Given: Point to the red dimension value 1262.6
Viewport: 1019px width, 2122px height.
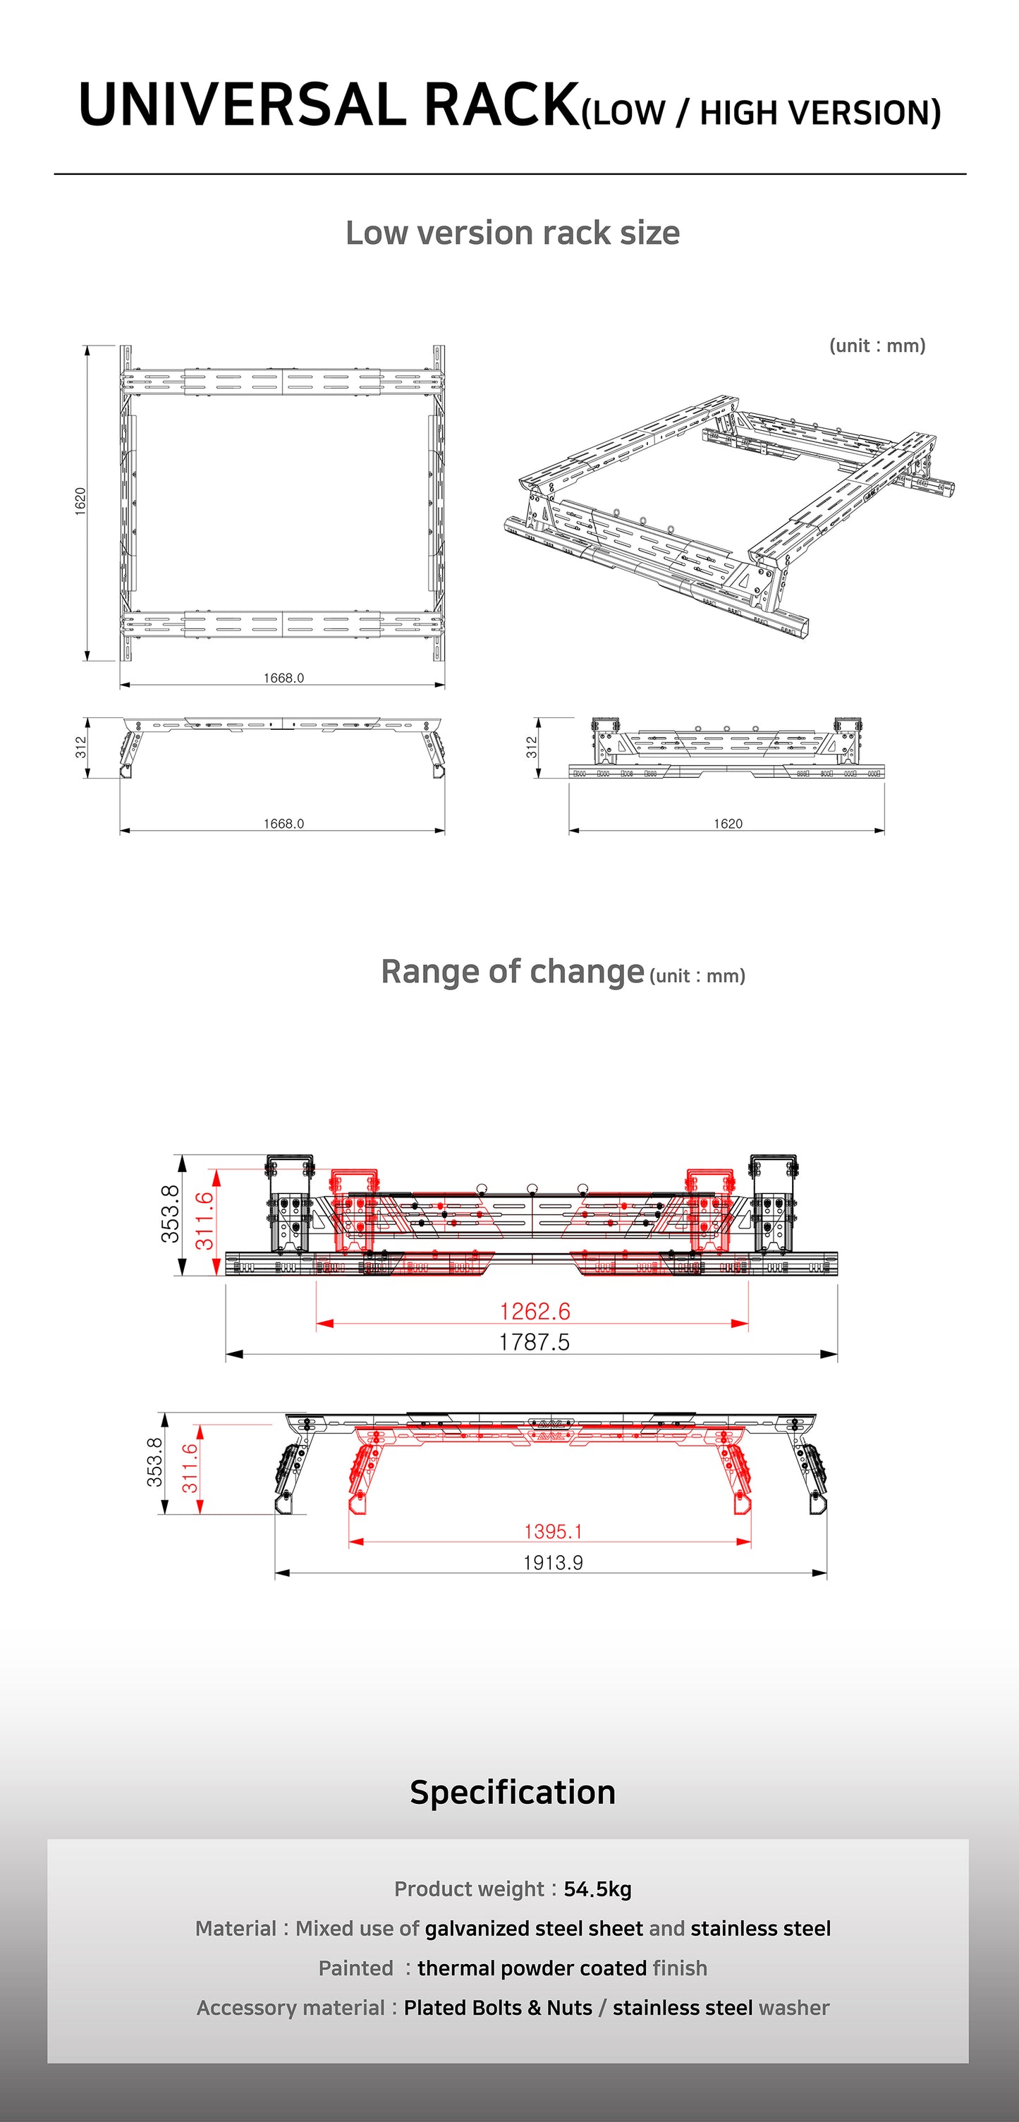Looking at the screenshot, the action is click(x=535, y=1310).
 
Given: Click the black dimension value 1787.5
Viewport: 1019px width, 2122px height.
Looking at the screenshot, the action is click(x=534, y=1342).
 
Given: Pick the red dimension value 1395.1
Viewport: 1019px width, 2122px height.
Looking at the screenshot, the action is click(x=553, y=1531).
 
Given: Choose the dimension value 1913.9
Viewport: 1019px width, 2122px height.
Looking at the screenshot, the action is click(x=553, y=1563).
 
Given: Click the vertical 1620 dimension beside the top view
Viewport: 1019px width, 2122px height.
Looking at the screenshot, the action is click(x=80, y=501).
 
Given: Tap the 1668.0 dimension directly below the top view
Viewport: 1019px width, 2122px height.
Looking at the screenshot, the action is click(x=283, y=678).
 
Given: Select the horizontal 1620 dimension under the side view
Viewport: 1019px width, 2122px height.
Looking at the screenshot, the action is click(x=728, y=824).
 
